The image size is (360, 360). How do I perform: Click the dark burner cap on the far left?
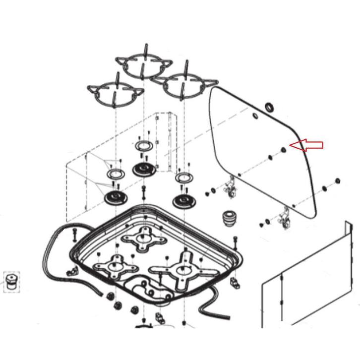pyautogui.click(x=116, y=198)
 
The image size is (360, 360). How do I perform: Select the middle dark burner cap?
pyautogui.click(x=144, y=170)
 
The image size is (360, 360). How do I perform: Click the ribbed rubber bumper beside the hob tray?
pyautogui.click(x=229, y=218)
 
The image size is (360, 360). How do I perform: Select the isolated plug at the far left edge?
pyautogui.click(x=11, y=281)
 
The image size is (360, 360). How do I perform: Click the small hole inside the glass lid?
pyautogui.click(x=254, y=117)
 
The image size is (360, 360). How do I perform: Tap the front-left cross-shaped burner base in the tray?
pyautogui.click(x=116, y=266)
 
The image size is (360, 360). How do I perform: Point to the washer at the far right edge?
pyautogui.click(x=338, y=180)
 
